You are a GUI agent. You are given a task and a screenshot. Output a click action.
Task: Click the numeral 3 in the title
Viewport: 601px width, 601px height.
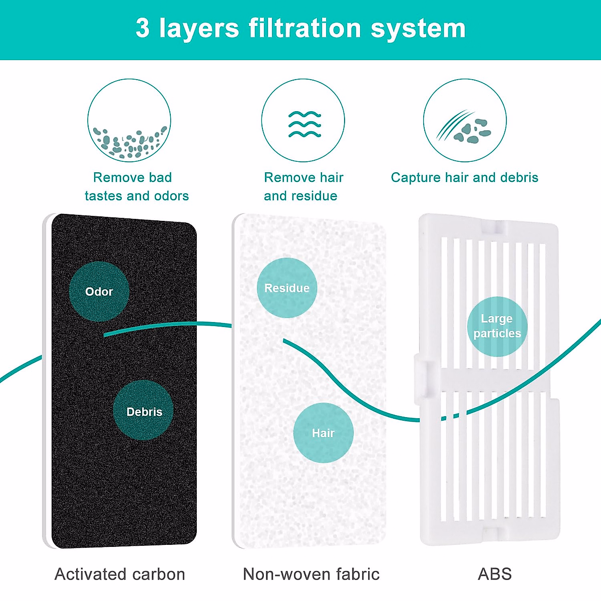coord(143,28)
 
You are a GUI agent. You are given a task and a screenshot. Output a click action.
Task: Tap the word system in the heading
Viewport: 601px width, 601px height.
coord(418,29)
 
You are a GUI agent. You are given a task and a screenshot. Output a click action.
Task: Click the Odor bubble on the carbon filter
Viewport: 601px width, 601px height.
coord(99,291)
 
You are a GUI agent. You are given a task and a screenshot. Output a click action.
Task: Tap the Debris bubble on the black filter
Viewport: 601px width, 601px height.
coord(144,411)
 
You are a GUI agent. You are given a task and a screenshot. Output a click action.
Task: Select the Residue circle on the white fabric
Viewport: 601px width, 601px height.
coord(287,288)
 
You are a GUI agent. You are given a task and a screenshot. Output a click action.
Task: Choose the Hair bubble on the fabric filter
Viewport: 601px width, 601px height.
coord(324,433)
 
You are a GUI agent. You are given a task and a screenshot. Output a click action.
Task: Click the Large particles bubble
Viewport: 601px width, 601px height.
coord(497,326)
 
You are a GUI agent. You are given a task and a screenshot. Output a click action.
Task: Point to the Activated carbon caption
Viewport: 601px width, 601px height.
coord(120,574)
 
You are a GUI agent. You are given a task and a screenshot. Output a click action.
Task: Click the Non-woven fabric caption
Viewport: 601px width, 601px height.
coord(311,574)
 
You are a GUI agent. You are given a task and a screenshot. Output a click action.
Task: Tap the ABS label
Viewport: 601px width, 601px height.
coord(495,574)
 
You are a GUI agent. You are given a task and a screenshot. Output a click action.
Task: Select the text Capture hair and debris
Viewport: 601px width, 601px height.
coord(464,178)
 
